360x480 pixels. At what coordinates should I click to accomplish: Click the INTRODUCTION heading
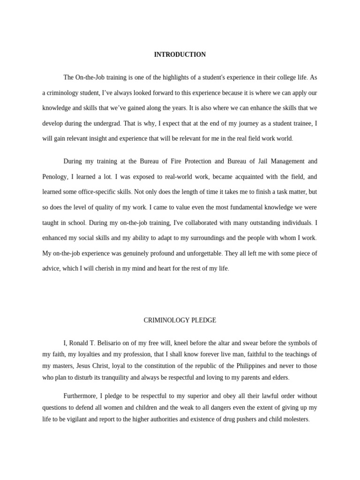pyautogui.click(x=180, y=55)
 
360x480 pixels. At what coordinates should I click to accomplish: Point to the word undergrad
pyautogui.click(x=108, y=123)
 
